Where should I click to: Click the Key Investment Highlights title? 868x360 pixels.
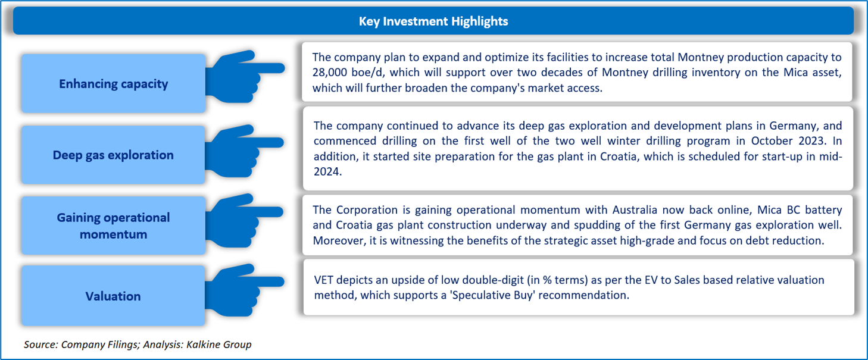point(433,21)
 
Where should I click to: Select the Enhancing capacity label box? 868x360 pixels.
point(113,83)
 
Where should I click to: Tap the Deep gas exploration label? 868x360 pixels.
point(113,155)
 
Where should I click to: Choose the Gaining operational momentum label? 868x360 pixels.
point(113,226)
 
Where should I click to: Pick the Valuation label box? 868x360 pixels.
point(113,296)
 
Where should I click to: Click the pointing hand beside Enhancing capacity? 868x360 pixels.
point(244,76)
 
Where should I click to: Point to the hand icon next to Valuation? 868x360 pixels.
point(244,290)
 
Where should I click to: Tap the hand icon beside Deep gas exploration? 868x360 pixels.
point(244,151)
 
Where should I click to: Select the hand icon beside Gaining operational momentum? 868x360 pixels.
point(244,221)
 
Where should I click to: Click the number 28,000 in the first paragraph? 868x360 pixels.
point(330,73)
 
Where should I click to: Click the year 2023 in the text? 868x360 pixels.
point(807,140)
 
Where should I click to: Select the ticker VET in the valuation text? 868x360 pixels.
point(323,280)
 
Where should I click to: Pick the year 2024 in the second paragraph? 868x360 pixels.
point(327,171)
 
